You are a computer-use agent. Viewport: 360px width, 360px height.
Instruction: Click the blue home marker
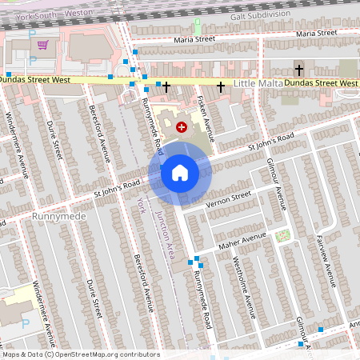tap(179, 173)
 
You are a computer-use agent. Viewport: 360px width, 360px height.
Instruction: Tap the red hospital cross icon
tap(182, 126)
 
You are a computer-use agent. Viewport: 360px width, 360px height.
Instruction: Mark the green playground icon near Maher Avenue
tap(282, 235)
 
